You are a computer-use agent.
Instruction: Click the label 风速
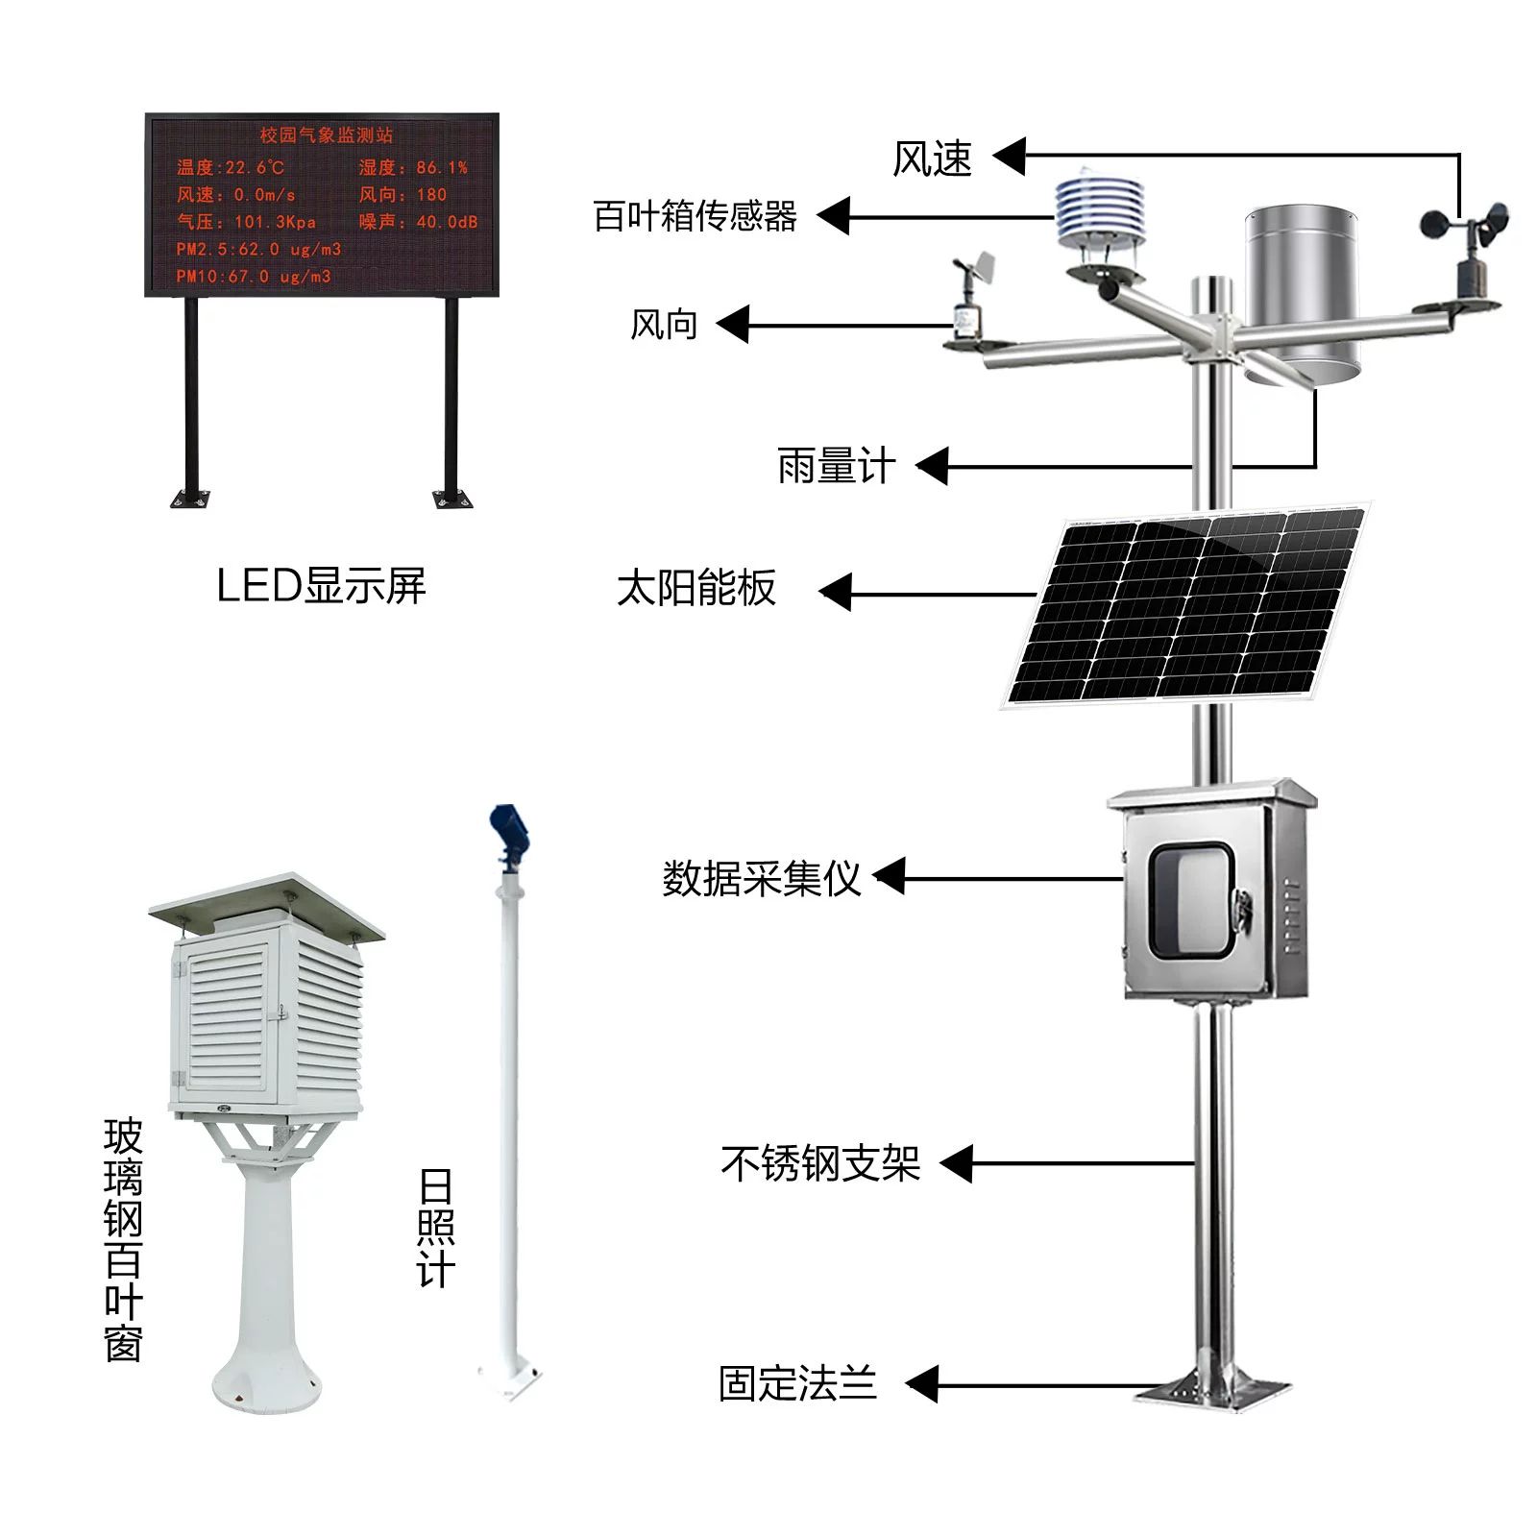point(932,159)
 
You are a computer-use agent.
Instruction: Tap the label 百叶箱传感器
point(695,216)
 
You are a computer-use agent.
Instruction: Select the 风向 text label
point(663,325)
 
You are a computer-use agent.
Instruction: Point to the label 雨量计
point(836,467)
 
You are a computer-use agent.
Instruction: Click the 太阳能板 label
point(696,588)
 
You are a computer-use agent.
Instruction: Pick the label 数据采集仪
point(761,878)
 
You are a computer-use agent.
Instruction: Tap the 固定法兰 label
point(797,1384)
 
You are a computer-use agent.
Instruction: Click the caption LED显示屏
point(321,585)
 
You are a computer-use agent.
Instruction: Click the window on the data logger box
point(1191,900)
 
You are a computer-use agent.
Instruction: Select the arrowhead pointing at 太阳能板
point(836,593)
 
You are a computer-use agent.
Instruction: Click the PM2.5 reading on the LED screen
point(258,250)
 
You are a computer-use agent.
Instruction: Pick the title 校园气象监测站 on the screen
point(327,135)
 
